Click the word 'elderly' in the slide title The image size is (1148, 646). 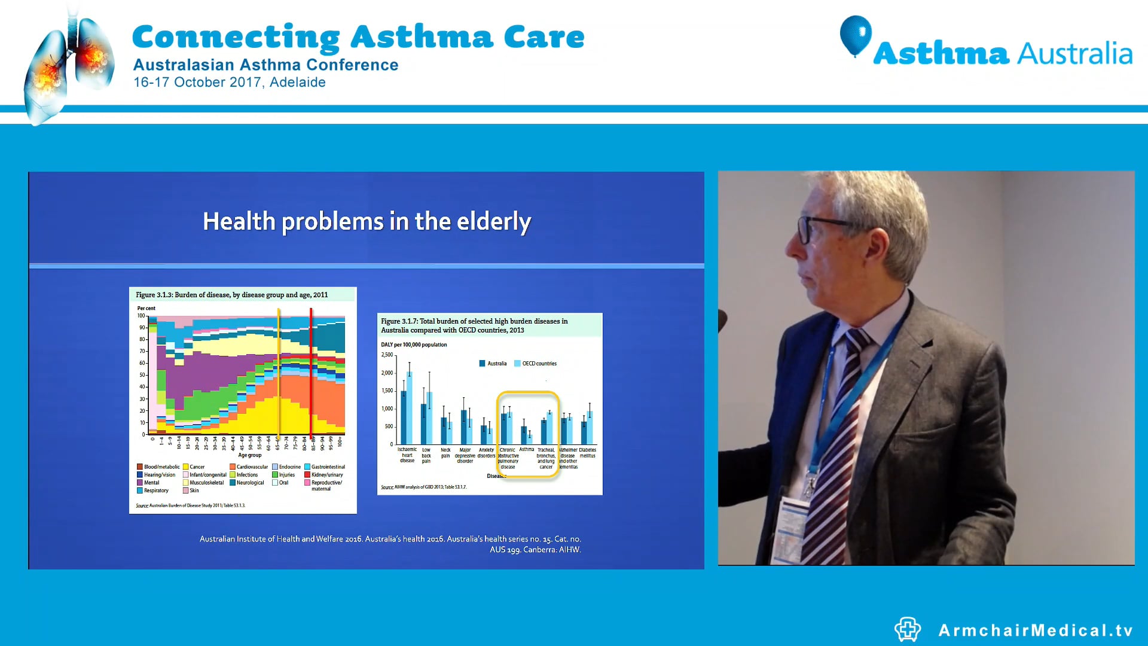click(493, 222)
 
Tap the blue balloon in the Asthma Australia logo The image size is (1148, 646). click(855, 35)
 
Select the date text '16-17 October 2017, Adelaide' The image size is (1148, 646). click(229, 83)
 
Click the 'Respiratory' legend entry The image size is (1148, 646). click(155, 490)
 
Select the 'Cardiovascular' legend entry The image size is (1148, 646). click(252, 467)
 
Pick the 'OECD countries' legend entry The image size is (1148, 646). click(539, 364)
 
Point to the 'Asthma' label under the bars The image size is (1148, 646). click(526, 450)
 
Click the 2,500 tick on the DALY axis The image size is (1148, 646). click(387, 355)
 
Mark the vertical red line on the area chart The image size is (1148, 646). click(311, 374)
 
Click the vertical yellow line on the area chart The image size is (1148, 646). click(279, 374)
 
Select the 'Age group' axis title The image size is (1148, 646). click(249, 455)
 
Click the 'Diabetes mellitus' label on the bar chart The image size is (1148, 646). click(587, 453)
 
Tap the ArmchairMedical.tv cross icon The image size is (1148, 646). click(907, 629)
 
